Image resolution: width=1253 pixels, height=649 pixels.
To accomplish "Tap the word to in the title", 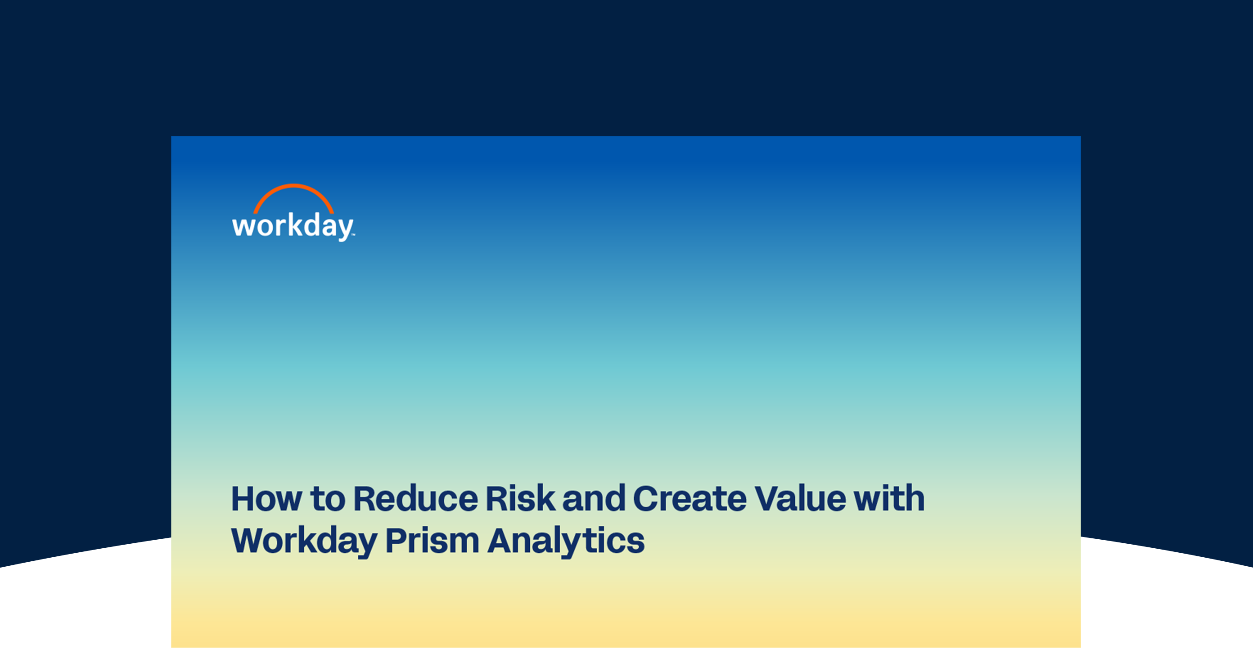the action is pyautogui.click(x=328, y=499).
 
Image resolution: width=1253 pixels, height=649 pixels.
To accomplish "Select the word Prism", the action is pyautogui.click(x=433, y=541).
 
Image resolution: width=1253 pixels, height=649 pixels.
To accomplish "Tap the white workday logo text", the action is pyautogui.click(x=293, y=227).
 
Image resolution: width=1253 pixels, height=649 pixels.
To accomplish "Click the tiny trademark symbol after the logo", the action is pyautogui.click(x=353, y=235).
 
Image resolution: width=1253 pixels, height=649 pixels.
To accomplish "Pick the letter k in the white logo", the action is pyautogui.click(x=293, y=224).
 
